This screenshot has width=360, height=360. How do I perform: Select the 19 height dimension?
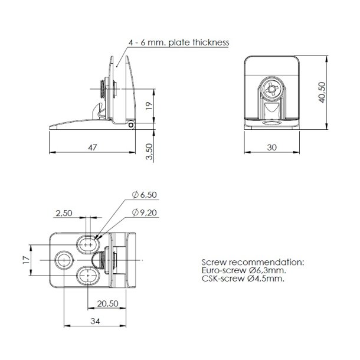tap(149, 106)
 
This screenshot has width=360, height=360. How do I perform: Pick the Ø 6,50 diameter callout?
tap(145, 195)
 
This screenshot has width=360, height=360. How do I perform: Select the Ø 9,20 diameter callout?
tap(145, 212)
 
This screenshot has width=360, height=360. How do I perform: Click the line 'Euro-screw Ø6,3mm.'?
tap(241, 270)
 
